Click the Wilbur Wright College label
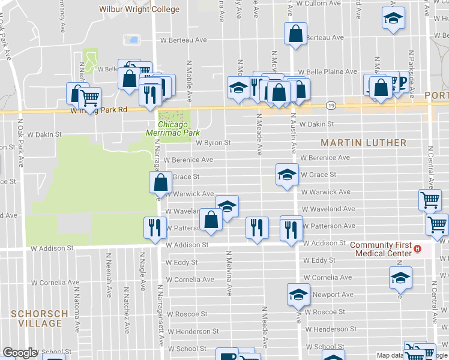point(139,9)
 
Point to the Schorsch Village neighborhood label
point(36,318)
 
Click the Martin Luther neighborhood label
point(363,143)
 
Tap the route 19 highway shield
point(331,105)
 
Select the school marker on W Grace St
point(287,174)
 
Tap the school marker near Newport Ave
point(298,294)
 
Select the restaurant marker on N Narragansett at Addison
point(154,227)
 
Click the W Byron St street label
point(213,143)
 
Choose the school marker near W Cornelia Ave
point(400,277)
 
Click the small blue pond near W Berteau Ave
point(131,40)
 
